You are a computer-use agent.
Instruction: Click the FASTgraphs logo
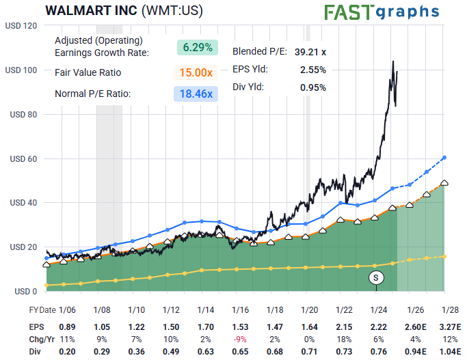382,12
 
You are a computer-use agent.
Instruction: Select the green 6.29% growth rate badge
197,47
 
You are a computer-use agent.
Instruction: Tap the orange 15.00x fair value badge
197,72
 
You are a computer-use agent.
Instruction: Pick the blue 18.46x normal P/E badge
197,94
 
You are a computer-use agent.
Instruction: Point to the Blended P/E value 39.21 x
310,51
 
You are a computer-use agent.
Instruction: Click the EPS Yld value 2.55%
312,69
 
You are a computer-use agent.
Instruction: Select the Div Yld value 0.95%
312,87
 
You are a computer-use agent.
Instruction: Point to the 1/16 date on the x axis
240,309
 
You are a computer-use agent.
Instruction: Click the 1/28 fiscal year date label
448,309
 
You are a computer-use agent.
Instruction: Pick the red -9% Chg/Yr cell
240,339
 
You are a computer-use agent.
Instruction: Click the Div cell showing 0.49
171,351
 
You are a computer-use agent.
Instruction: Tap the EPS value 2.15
344,327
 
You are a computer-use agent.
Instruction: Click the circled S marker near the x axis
375,277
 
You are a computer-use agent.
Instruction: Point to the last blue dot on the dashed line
444,158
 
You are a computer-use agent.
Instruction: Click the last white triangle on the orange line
444,182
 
